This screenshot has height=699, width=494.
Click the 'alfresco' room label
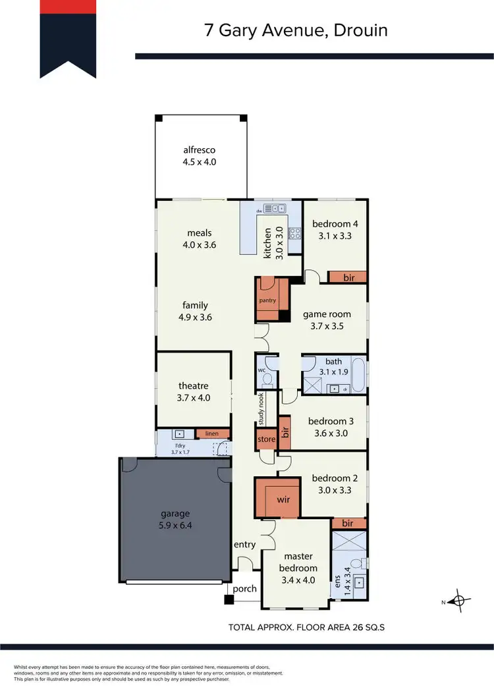pyautogui.click(x=200, y=150)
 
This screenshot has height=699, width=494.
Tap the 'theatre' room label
pyautogui.click(x=193, y=386)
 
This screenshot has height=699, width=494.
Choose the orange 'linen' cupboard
pyautogui.click(x=211, y=433)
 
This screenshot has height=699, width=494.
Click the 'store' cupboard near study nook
pyautogui.click(x=266, y=439)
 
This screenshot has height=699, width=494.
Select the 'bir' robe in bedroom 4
pyautogui.click(x=348, y=278)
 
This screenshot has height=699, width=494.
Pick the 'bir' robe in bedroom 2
pyautogui.click(x=348, y=523)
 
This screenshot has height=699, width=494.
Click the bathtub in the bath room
pyautogui.click(x=358, y=374)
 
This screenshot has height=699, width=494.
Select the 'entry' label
pyautogui.click(x=244, y=545)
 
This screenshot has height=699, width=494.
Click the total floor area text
pyautogui.click(x=306, y=627)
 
